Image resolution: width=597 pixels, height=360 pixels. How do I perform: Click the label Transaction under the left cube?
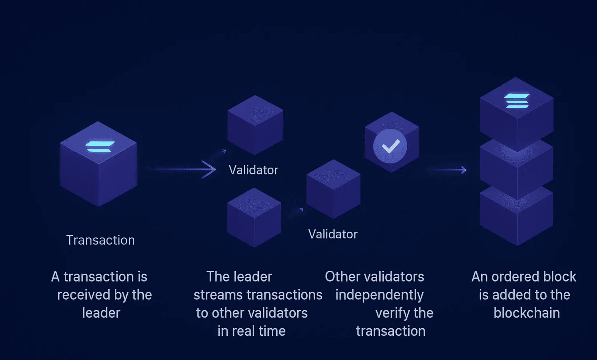pyautogui.click(x=100, y=240)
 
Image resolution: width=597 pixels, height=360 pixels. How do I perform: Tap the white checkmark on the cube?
pyautogui.click(x=391, y=146)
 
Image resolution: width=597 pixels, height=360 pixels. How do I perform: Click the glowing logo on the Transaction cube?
pyautogui.click(x=99, y=146)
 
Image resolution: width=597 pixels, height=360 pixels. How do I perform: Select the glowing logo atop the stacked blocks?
pyautogui.click(x=516, y=101)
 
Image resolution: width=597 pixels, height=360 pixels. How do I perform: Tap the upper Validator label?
pyautogui.click(x=253, y=170)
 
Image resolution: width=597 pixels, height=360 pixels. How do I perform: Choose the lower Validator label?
pyautogui.click(x=333, y=234)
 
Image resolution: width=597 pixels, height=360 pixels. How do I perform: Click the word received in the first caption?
pyautogui.click(x=84, y=295)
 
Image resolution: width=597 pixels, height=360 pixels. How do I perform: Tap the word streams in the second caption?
pyautogui.click(x=218, y=295)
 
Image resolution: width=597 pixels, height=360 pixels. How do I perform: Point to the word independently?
pyautogui.click(x=379, y=295)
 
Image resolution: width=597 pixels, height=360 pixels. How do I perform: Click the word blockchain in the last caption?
pyautogui.click(x=527, y=313)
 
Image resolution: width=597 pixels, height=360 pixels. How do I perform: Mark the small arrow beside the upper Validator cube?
pyautogui.click(x=223, y=151)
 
